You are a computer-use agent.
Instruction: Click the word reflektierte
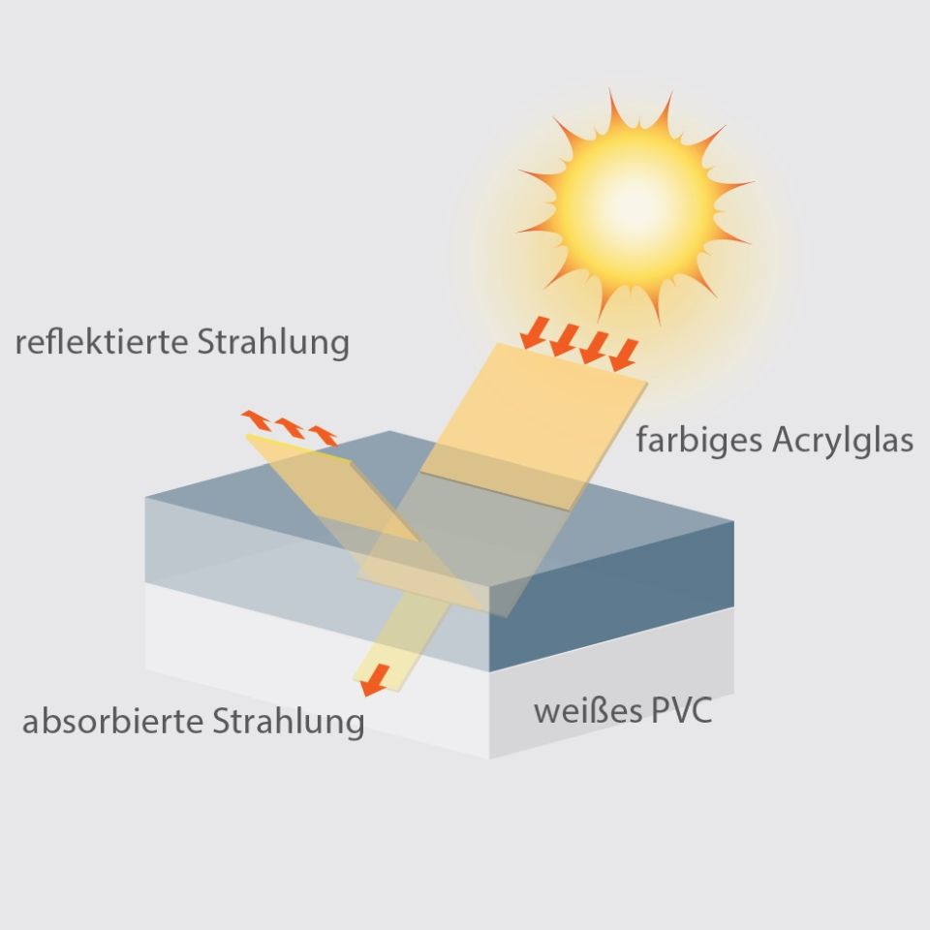coord(102,342)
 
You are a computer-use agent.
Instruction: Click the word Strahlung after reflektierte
coord(273,343)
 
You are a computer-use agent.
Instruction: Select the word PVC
coord(681,710)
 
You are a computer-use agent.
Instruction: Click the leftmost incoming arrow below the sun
coord(535,333)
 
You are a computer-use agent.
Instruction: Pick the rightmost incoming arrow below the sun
coord(623,356)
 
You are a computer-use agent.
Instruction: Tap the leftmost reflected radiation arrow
coord(256,419)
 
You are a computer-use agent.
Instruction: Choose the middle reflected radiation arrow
coord(290,428)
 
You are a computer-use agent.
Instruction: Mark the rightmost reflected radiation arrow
coord(323,436)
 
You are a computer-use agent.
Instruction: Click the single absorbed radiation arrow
coord(375,680)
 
